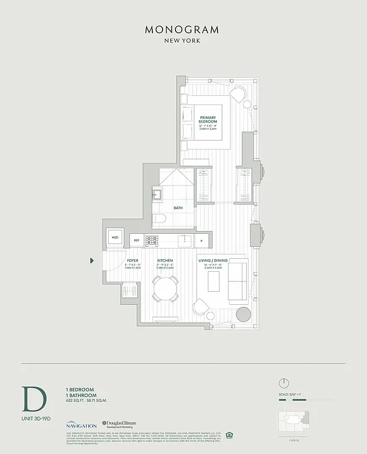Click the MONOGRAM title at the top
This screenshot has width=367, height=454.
coord(182,29)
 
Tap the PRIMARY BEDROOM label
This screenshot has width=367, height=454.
coord(207,121)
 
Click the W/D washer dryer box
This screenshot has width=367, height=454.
coord(115,238)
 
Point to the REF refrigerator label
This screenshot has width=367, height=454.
coord(136,241)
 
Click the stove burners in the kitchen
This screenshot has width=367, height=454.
coord(151,241)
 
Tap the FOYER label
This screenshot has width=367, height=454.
coord(133,260)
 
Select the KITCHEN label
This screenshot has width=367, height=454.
coord(165,260)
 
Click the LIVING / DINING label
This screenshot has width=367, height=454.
coord(212,260)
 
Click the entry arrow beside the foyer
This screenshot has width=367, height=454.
coord(92,260)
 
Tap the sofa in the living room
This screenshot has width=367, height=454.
coord(237,282)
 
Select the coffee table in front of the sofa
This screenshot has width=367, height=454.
coord(214,282)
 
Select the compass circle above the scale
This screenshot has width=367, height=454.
coord(284,382)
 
